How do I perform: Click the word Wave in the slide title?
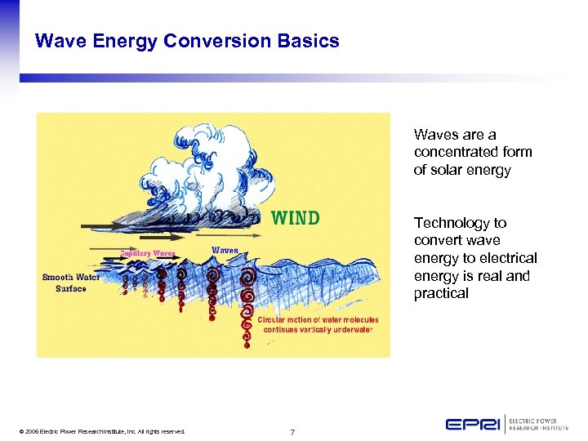tap(60, 41)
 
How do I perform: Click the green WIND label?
tap(295, 218)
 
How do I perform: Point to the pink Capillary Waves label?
tap(149, 253)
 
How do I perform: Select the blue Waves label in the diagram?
tap(225, 250)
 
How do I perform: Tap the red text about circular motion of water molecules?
tap(318, 324)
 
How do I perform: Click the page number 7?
tap(292, 431)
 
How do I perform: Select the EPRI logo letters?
tap(473, 424)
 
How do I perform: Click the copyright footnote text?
tap(104, 431)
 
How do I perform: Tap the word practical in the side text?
tap(441, 294)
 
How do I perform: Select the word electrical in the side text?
tap(508, 259)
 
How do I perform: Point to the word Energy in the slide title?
tap(129, 41)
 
